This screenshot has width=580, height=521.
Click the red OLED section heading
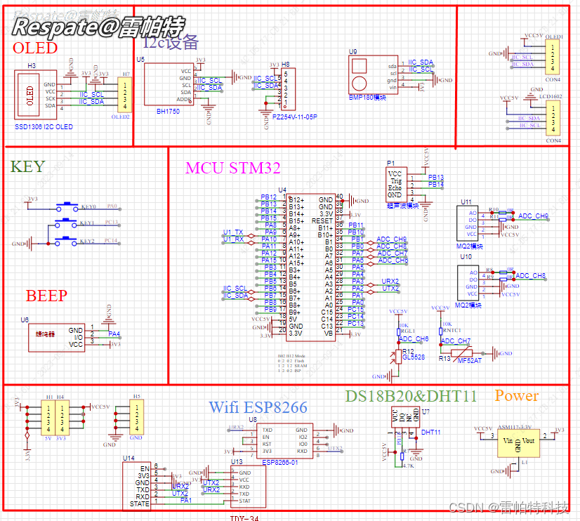pyautogui.click(x=35, y=48)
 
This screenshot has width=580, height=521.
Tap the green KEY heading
pyautogui.click(x=27, y=166)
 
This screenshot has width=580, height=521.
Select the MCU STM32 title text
pyautogui.click(x=232, y=168)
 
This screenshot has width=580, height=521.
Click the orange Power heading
pyautogui.click(x=516, y=396)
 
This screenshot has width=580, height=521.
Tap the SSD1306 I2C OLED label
pyautogui.click(x=44, y=127)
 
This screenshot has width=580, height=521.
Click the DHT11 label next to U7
pyautogui.click(x=432, y=433)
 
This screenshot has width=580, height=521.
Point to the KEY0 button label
pyautogui.click(x=88, y=207)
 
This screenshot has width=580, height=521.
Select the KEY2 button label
pyautogui.click(x=88, y=242)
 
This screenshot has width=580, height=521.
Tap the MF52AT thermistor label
pyautogui.click(x=470, y=360)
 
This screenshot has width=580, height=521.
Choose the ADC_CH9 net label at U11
pyautogui.click(x=533, y=216)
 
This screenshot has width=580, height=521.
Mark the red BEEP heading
pyautogui.click(x=46, y=296)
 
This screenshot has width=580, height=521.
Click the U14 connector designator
pyautogui.click(x=128, y=458)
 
